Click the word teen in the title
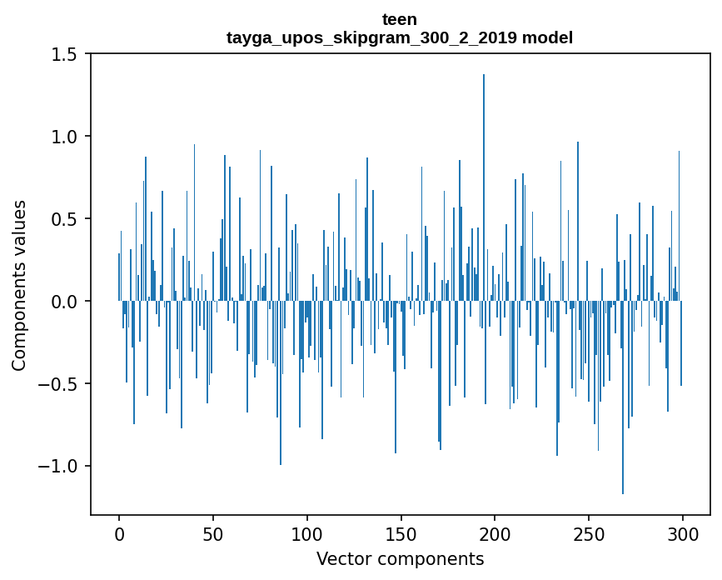(x=400, y=19)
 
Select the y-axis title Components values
(x=19, y=285)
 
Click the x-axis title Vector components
(x=400, y=558)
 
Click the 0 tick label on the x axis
(x=119, y=532)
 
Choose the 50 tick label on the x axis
(x=213, y=532)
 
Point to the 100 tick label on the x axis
(x=307, y=532)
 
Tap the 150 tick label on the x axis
(x=401, y=532)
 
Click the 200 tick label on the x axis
(x=495, y=532)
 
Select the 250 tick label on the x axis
(x=589, y=532)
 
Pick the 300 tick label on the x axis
(x=683, y=532)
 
